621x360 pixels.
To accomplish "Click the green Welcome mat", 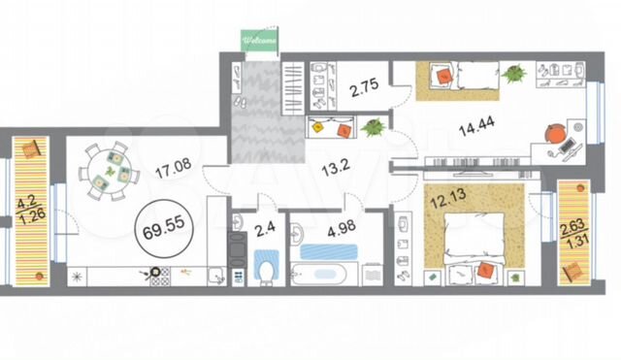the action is [259, 40].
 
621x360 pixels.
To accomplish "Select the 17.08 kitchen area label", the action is [174, 168].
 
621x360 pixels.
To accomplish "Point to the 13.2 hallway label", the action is [336, 169].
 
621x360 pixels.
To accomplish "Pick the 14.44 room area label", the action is [476, 127].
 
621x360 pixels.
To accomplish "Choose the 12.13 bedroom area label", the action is [448, 199].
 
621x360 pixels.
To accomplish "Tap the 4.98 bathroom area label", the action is [342, 229].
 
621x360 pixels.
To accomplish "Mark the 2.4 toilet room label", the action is [265, 230].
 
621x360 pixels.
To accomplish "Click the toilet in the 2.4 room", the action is [266, 268].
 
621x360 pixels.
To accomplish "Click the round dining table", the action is [109, 171].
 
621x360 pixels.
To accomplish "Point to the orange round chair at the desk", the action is [555, 134].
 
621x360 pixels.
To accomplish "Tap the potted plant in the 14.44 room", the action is [513, 74].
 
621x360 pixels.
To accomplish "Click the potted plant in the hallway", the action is [373, 128].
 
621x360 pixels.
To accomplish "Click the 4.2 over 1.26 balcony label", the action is [31, 212].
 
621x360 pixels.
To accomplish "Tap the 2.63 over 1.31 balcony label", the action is [573, 234].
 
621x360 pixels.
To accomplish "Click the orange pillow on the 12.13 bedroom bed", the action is [485, 270].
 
